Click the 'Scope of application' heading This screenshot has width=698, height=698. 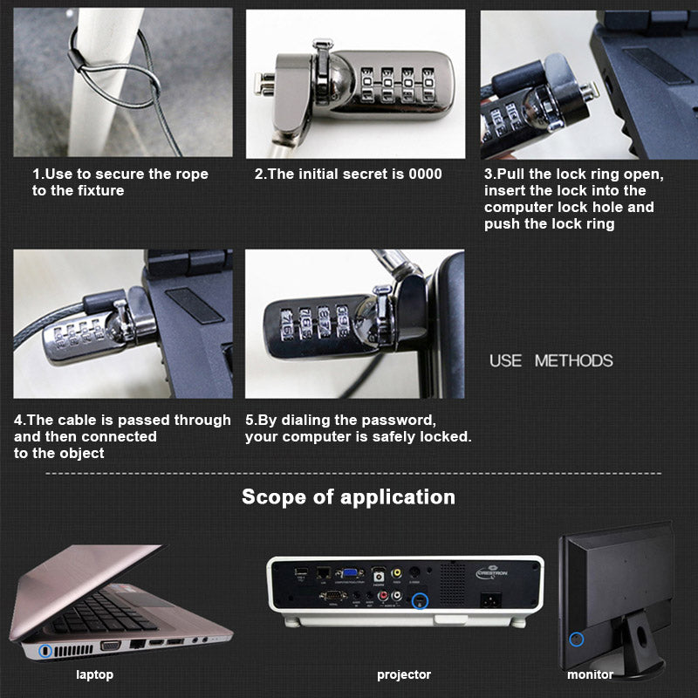click(x=348, y=497)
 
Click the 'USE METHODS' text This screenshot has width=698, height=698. click(x=551, y=360)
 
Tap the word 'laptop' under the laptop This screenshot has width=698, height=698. click(x=94, y=674)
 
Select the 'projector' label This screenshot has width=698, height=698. click(x=404, y=674)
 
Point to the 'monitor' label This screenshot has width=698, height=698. click(x=590, y=674)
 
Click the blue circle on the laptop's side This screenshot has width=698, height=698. click(x=45, y=651)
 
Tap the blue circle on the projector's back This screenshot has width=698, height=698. click(x=420, y=601)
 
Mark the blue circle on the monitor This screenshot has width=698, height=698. click(x=577, y=640)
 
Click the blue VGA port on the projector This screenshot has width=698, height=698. click(x=350, y=573)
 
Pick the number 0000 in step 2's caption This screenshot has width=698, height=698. click(x=425, y=174)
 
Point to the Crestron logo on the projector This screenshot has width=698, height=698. click(x=491, y=572)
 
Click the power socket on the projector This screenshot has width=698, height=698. click(x=490, y=599)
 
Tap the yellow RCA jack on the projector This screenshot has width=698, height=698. click(x=396, y=573)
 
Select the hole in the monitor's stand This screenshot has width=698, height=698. click(x=641, y=637)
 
